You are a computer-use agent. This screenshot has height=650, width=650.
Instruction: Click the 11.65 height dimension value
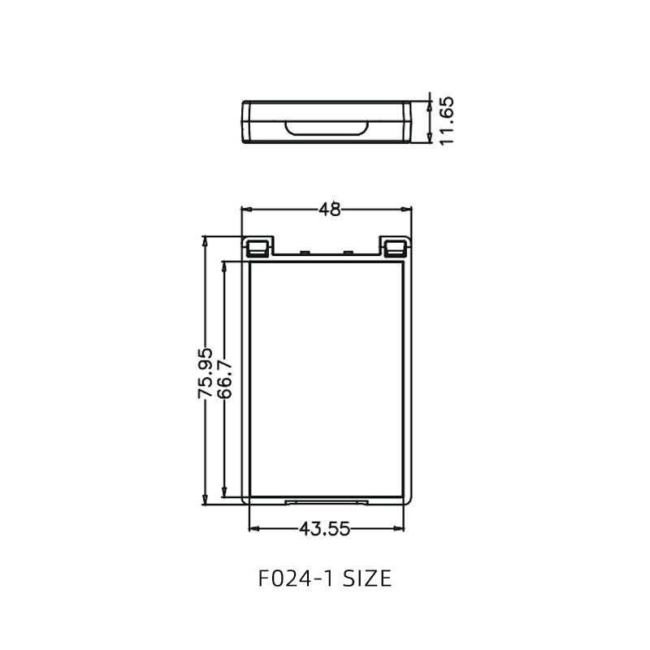point(446,120)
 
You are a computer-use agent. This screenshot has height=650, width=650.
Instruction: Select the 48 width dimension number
point(329,210)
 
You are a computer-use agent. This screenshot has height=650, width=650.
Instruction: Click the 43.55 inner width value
point(324,529)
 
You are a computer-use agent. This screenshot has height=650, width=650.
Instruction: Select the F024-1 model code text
point(294,578)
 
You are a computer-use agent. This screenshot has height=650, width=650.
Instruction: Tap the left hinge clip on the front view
point(258,247)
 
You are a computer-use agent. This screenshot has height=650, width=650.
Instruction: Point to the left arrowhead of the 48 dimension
point(246,210)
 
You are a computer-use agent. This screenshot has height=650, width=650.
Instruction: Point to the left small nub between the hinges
point(303,253)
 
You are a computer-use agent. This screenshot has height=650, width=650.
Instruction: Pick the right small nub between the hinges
point(348,253)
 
